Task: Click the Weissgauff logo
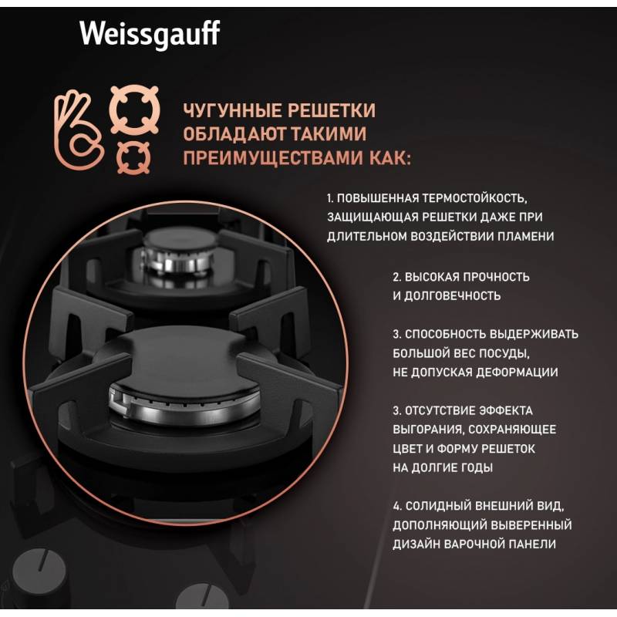coord(150,35)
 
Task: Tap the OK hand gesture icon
coord(79,130)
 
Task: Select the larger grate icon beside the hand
coord(134,110)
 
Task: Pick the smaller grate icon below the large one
coord(133,158)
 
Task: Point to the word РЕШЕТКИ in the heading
coord(332,110)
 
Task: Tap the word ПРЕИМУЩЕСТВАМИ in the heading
coord(273,158)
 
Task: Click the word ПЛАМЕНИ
coord(526,237)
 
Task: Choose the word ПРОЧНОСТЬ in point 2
coord(496,277)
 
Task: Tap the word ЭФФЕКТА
coord(506,410)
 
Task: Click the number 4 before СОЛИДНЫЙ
coord(396,506)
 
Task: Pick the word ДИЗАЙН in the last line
coord(416,545)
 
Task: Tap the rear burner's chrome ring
coord(178,260)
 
